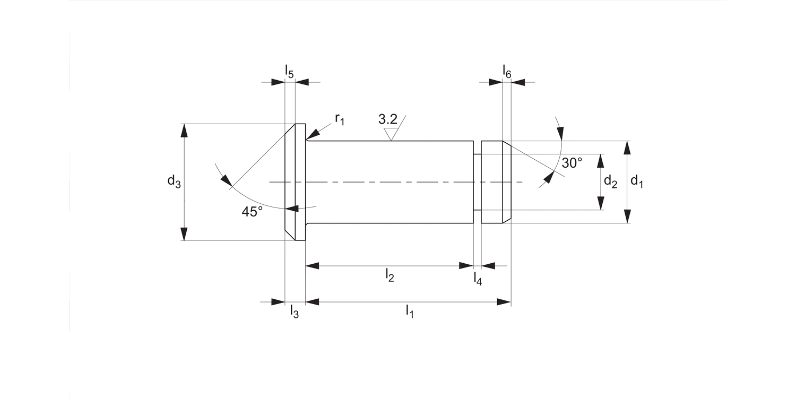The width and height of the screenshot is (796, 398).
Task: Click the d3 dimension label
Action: tap(174, 182)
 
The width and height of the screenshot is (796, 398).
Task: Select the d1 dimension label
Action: tap(637, 182)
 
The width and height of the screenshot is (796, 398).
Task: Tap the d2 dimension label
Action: tap(610, 182)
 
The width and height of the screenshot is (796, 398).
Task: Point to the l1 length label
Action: tap(409, 312)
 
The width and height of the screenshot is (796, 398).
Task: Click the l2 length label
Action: tap(390, 275)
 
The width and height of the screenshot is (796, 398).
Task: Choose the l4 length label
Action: tap(478, 279)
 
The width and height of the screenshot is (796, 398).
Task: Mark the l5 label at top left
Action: tap(289, 71)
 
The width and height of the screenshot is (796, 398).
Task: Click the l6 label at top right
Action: tap(507, 71)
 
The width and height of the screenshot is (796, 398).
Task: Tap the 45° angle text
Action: tap(252, 212)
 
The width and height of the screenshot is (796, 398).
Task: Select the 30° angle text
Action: tap(572, 163)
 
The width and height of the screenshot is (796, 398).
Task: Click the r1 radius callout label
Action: tap(340, 119)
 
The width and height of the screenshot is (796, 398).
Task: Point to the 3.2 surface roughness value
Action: tap(388, 119)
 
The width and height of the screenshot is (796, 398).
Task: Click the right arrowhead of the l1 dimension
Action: tap(504, 302)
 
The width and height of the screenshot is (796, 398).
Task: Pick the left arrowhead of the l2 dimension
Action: tap(313, 265)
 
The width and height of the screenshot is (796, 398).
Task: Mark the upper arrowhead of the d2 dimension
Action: tap(601, 160)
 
